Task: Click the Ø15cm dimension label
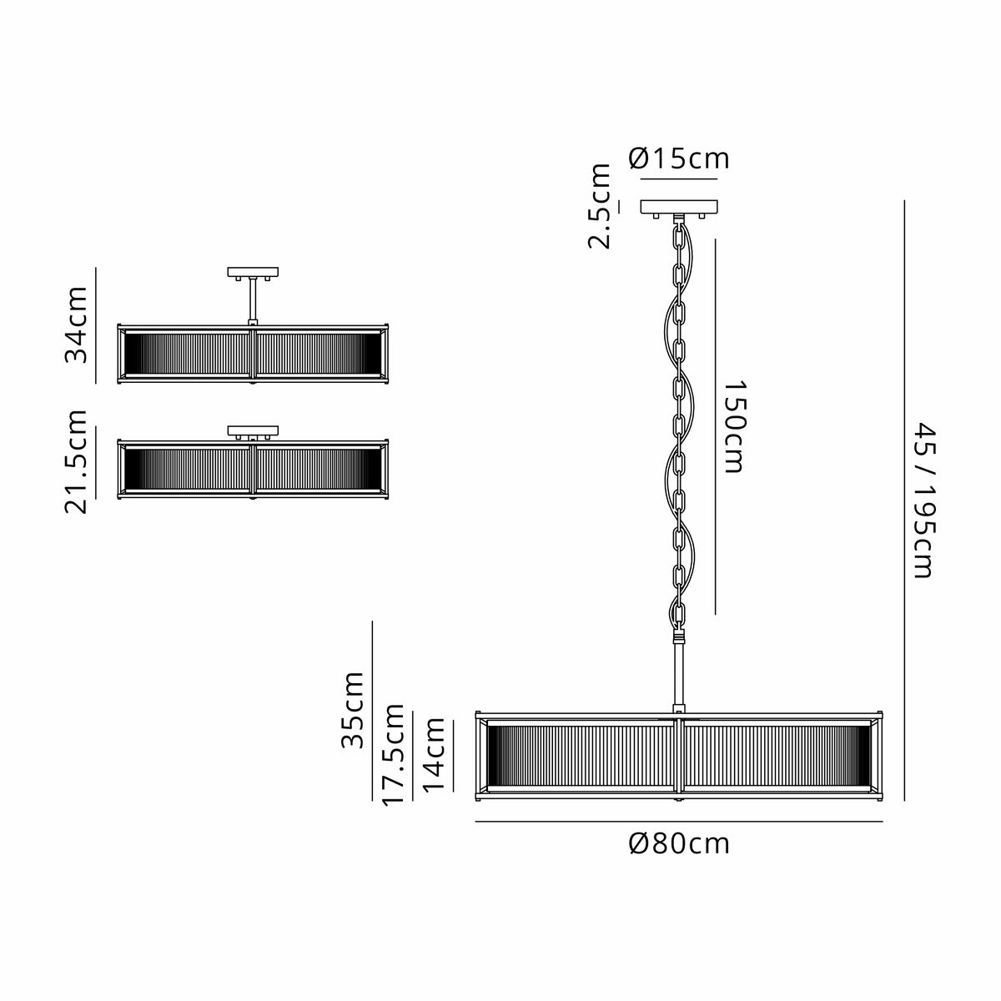point(678,158)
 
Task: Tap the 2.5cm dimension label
point(599,206)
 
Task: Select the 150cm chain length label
point(735,426)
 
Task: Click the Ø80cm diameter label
point(679,844)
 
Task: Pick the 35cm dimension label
point(352,709)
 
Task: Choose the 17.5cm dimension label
point(393,755)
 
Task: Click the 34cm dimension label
point(76,324)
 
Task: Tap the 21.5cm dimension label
point(76,462)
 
